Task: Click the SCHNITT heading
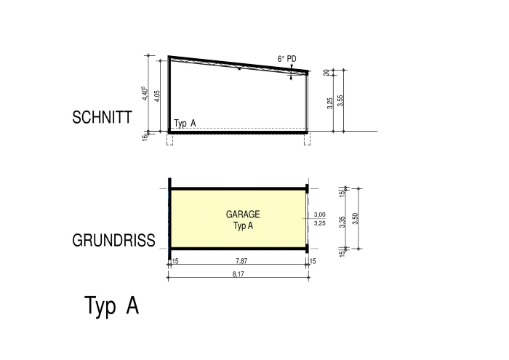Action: point(102,117)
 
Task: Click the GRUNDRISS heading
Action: point(113,241)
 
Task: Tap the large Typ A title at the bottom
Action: point(112,305)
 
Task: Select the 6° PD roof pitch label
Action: point(287,59)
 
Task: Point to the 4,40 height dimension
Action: point(145,93)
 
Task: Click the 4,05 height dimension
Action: point(157,96)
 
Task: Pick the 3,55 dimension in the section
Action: point(340,100)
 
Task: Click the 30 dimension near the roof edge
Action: point(326,73)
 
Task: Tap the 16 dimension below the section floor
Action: point(145,137)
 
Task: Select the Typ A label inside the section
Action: point(185,124)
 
